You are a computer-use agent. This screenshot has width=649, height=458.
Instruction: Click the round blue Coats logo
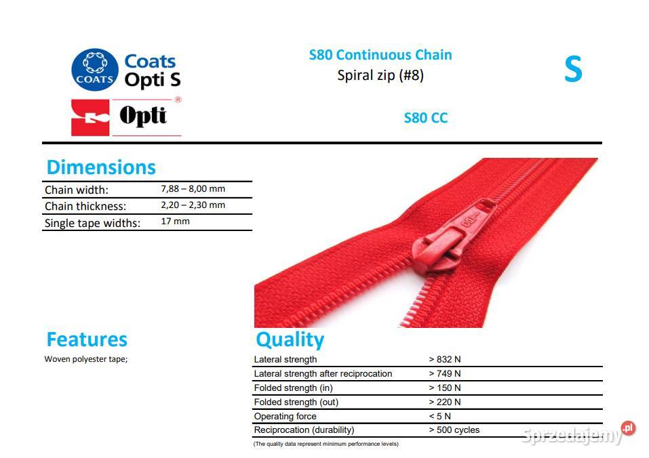click(x=95, y=69)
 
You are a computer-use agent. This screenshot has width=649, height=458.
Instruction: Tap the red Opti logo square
click(x=90, y=117)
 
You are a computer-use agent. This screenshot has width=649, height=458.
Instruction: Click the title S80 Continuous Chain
click(x=380, y=55)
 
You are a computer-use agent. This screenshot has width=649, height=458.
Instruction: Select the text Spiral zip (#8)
click(x=380, y=75)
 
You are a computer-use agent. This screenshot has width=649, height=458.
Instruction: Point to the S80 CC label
click(x=425, y=118)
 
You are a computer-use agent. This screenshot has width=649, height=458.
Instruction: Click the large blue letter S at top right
click(x=573, y=69)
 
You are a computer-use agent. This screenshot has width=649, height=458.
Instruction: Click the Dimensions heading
click(x=101, y=167)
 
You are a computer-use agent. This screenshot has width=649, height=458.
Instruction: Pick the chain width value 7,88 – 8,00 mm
click(x=193, y=189)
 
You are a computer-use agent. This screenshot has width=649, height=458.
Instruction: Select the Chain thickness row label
click(x=85, y=206)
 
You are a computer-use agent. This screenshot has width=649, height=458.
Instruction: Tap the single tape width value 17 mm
click(x=175, y=221)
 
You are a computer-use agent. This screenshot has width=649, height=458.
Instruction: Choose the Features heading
click(x=87, y=339)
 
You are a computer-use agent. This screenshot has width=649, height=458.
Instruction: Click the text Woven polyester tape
click(x=86, y=359)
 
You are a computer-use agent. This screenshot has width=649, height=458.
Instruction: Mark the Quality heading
click(x=290, y=340)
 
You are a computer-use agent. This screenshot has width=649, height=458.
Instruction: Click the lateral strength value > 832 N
click(x=444, y=359)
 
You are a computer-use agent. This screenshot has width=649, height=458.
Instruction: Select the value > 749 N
click(x=444, y=374)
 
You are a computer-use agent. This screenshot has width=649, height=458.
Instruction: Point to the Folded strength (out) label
click(x=296, y=402)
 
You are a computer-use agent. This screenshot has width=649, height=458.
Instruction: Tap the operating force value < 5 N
click(x=439, y=416)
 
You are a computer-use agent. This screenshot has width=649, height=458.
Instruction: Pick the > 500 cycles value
click(x=454, y=430)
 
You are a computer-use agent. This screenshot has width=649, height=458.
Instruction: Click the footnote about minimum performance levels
click(x=326, y=444)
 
